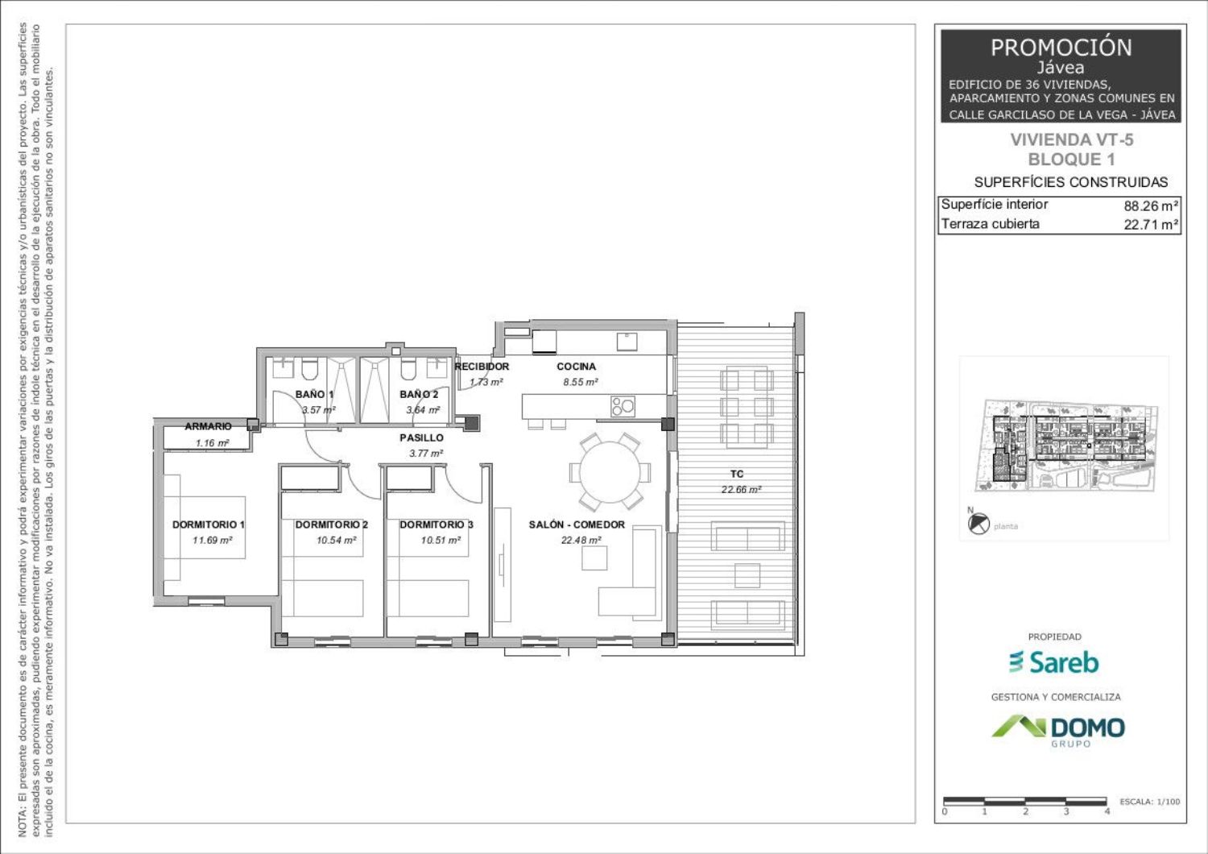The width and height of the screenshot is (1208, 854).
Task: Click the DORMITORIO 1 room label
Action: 208,524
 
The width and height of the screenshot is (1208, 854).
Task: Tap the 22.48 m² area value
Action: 581,540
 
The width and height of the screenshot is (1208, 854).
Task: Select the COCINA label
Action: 576,367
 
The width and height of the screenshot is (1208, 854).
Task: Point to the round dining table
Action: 610,473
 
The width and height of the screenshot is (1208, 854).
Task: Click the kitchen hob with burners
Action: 623,406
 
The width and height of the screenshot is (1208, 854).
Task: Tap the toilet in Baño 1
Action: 309,368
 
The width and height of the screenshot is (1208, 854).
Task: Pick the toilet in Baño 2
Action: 408,368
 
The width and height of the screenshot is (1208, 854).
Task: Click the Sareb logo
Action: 1053,662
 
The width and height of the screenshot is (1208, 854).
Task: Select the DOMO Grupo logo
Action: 1058,731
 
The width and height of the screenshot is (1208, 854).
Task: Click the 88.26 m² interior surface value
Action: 1151,206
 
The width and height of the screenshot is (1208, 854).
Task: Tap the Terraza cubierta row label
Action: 990,224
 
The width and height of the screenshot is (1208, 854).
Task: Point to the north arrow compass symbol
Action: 978,524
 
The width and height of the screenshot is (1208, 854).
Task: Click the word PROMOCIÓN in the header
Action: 1061,48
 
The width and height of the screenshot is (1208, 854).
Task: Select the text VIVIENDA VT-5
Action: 1072,139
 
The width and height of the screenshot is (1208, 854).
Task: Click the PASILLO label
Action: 422,437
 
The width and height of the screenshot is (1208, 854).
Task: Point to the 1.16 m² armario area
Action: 212,443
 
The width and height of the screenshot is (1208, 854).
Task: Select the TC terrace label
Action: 737,474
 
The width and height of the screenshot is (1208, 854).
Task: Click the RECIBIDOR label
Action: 482,367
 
